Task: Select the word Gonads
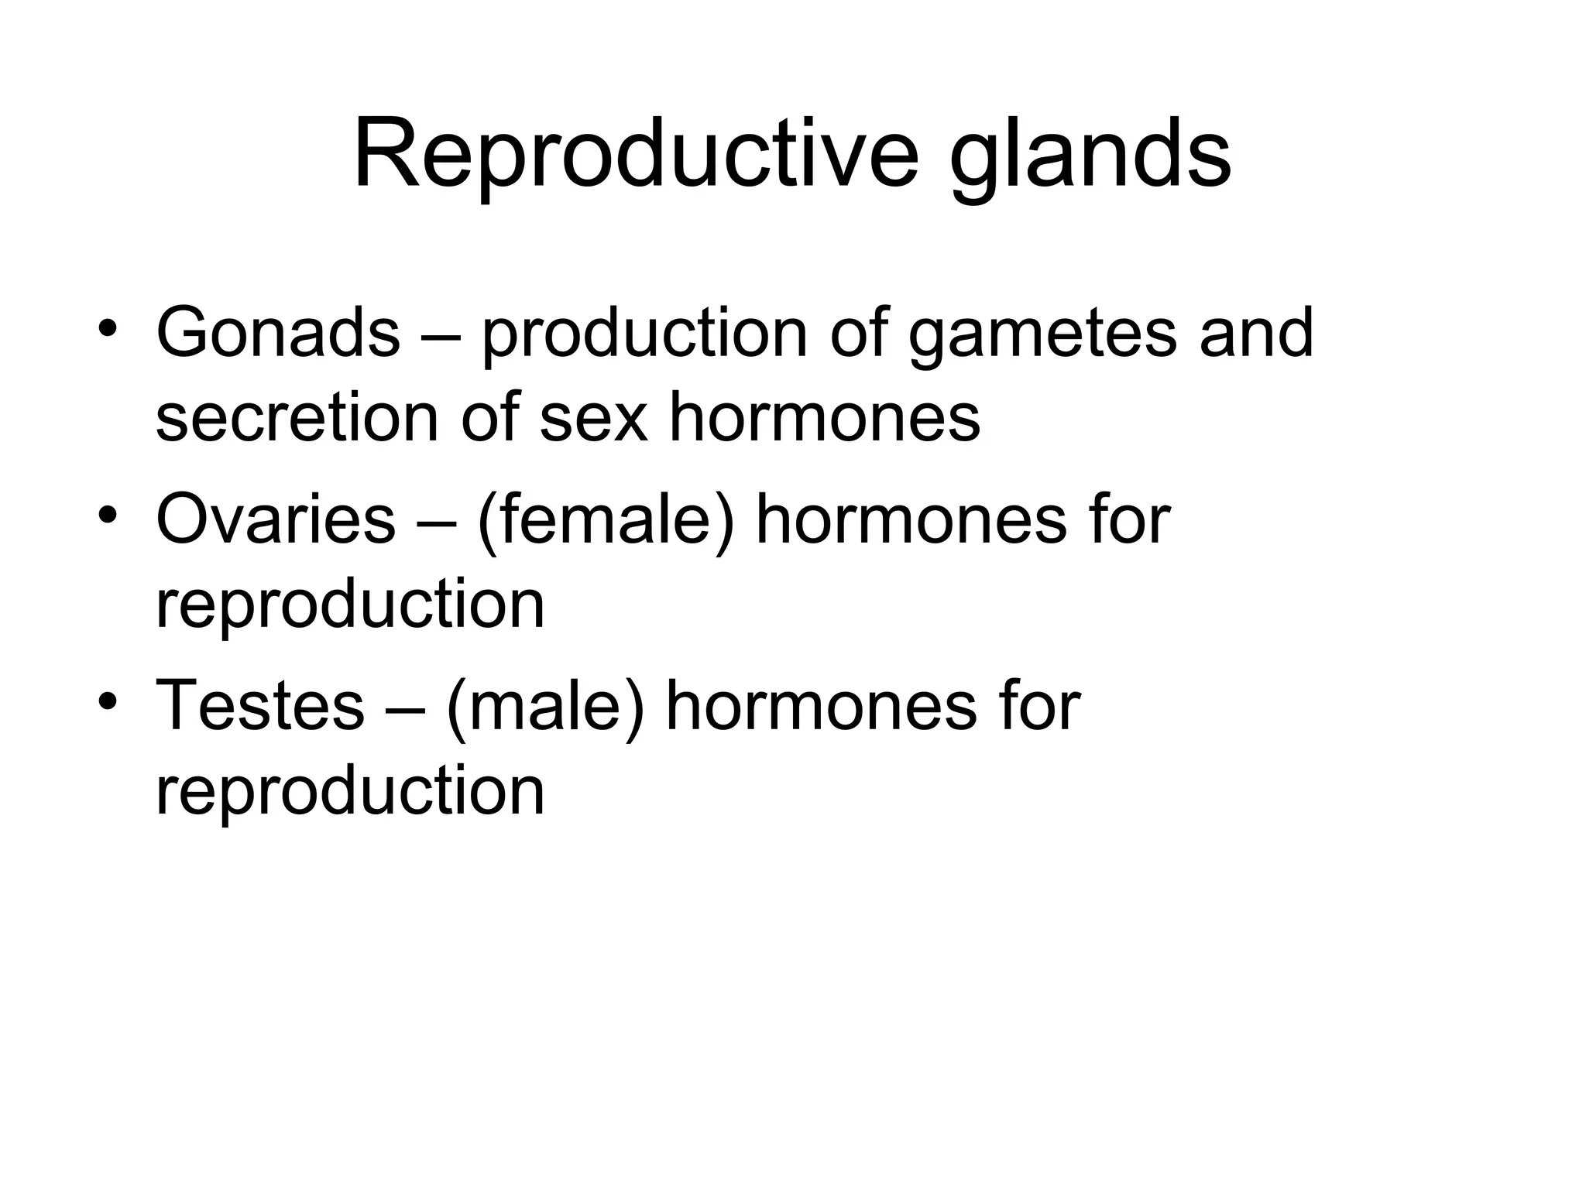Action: [x=277, y=333]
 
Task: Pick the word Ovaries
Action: [x=276, y=520]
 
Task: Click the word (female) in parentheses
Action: [x=605, y=523]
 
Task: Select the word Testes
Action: [x=259, y=706]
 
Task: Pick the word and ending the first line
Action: [x=1255, y=333]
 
